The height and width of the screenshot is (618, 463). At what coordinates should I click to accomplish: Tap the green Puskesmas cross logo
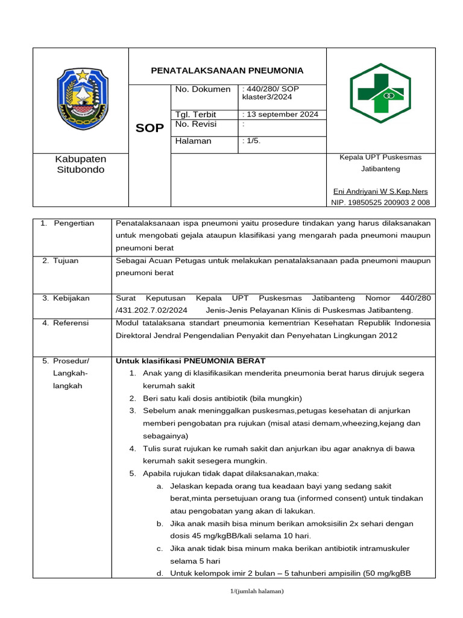(381, 93)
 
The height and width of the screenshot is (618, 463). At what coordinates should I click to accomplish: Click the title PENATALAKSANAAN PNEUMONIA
(227, 71)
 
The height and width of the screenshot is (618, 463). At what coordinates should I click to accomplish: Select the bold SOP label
(150, 129)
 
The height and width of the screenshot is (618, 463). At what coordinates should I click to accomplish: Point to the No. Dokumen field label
(203, 89)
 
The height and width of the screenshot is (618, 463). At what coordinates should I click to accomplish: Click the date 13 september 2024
(282, 115)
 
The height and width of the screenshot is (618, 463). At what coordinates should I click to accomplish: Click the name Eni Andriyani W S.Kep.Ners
(380, 191)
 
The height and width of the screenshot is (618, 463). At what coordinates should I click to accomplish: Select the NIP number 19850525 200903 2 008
(380, 203)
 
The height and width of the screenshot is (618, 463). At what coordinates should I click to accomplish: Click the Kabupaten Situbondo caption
(81, 164)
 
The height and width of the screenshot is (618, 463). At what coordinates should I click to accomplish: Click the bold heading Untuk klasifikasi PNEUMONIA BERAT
(191, 361)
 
